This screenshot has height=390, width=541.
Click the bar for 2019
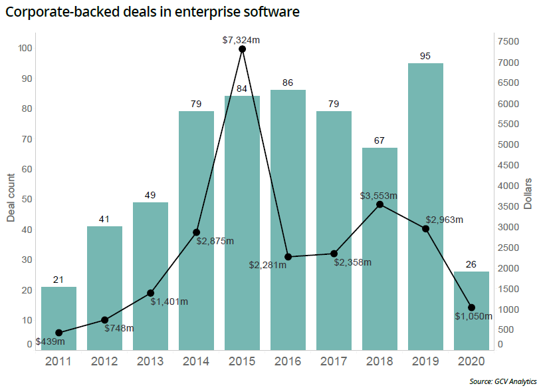(x=425, y=206)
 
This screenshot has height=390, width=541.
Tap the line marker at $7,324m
(x=242, y=49)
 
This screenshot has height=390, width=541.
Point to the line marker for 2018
(x=379, y=204)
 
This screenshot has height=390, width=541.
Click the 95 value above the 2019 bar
(x=425, y=56)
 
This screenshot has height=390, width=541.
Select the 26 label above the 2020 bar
(x=471, y=264)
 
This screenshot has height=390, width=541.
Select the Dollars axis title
(x=528, y=194)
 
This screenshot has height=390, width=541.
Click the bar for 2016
(x=288, y=220)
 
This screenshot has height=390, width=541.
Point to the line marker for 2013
(x=150, y=293)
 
